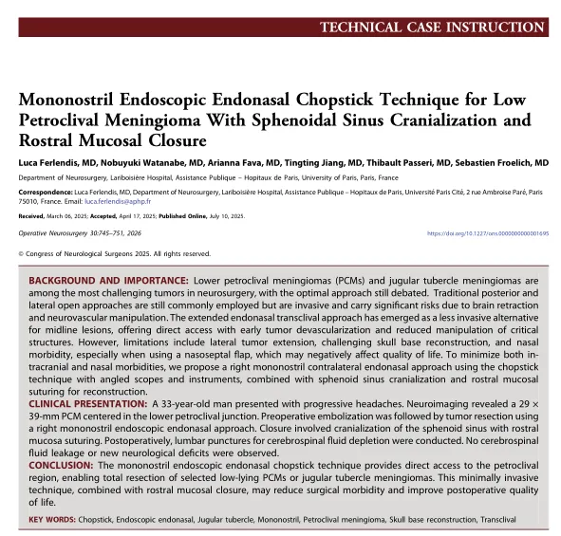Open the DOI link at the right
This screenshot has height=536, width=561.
(x=488, y=232)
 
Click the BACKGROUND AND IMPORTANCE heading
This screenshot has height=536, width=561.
(x=107, y=282)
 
